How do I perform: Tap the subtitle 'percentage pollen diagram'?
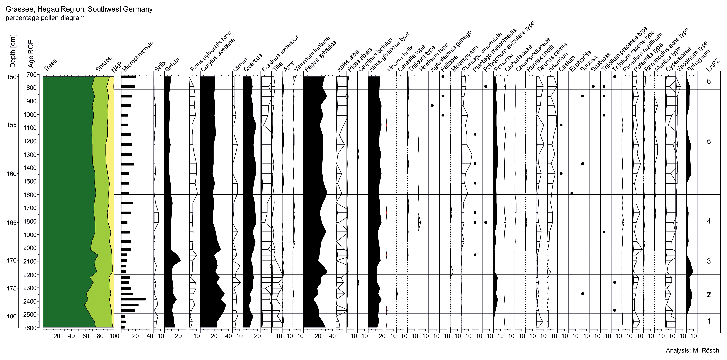coord(45,18)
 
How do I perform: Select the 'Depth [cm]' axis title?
coord(13,51)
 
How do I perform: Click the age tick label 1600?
coord(31,195)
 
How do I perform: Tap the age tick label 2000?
coord(31,248)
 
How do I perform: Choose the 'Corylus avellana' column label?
coord(218,55)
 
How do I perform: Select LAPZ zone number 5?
coord(709,142)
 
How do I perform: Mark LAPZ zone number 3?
coord(709,261)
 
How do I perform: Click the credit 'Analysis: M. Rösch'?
coord(692,350)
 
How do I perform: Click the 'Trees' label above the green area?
coord(50,65)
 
